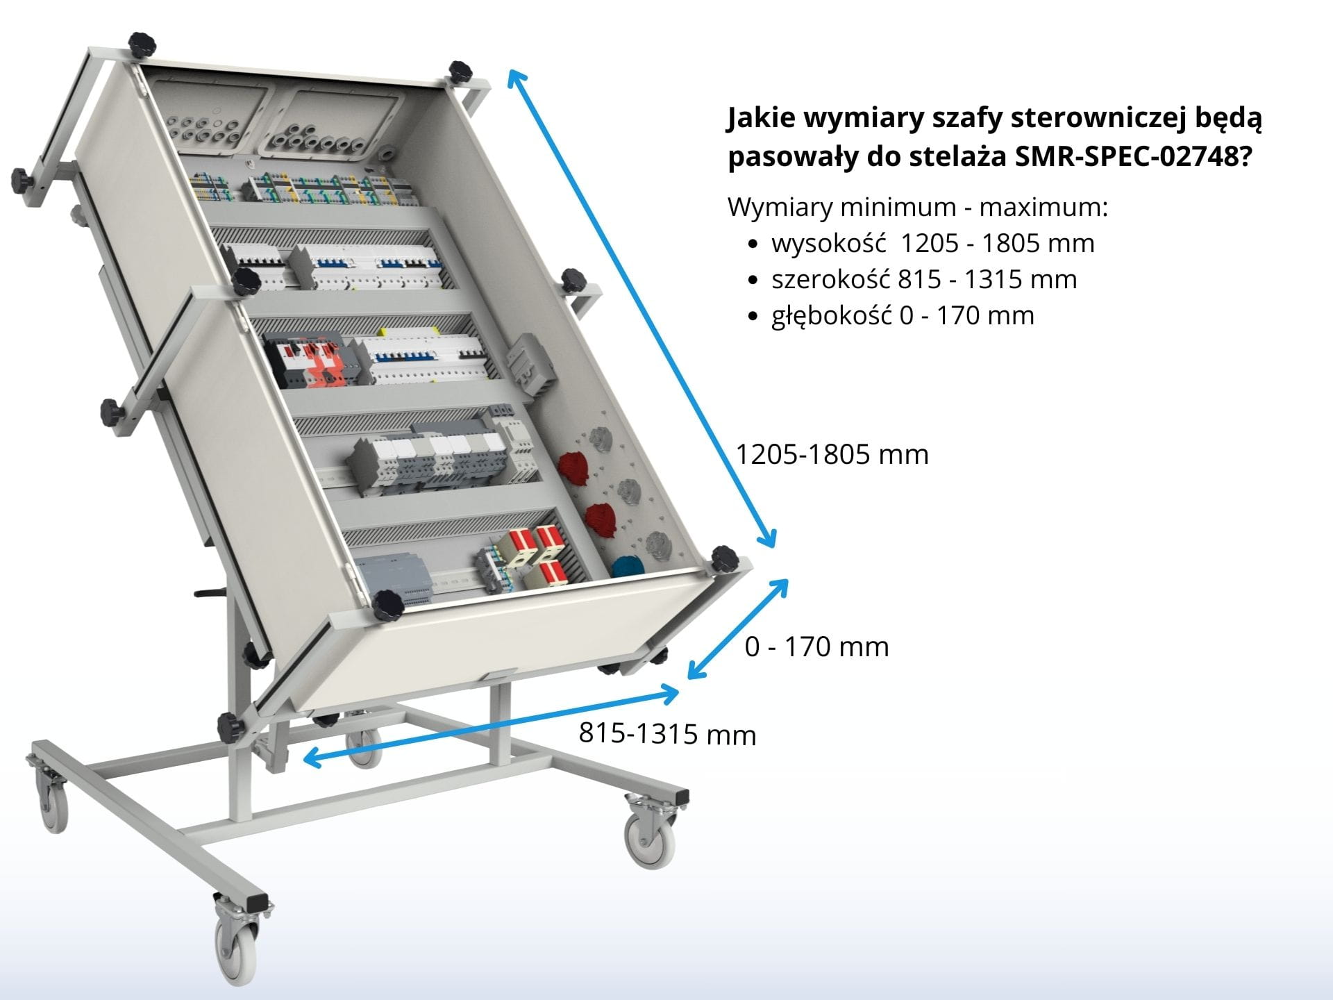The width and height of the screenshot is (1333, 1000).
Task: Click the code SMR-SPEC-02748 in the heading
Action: click(1126, 157)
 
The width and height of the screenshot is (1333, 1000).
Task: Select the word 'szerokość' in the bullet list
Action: click(831, 280)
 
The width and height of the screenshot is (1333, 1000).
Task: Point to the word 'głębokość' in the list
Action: click(832, 316)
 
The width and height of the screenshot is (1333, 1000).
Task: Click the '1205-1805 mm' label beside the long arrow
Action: click(832, 454)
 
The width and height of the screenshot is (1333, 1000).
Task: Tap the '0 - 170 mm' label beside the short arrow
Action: click(816, 647)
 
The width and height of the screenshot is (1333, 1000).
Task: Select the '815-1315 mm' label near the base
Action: click(667, 734)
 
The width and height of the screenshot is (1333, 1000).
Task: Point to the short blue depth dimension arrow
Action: click(737, 628)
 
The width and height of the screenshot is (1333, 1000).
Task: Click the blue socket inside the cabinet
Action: click(628, 566)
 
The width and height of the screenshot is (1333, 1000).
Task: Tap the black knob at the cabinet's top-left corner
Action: click(142, 45)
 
